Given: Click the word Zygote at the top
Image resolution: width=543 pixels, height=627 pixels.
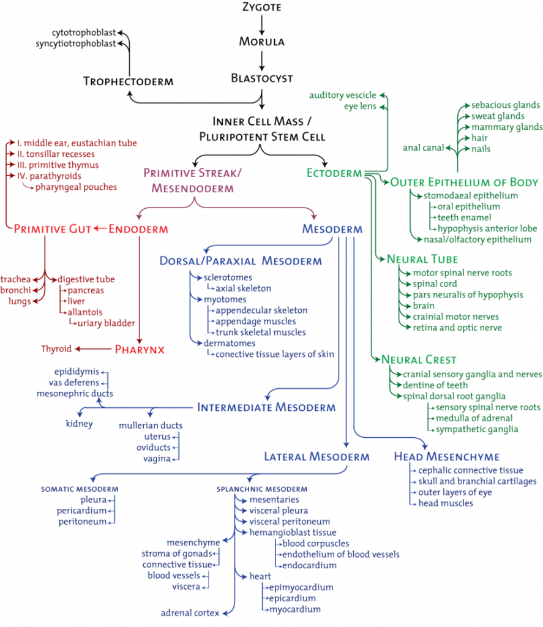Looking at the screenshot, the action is pyautogui.click(x=262, y=7).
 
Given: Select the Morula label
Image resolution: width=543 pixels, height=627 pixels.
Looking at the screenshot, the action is pyautogui.click(x=262, y=42).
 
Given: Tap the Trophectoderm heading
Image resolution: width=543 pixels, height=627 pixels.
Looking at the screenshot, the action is pyautogui.click(x=129, y=81).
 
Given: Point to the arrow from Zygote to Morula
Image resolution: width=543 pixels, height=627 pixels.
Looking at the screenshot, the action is pyautogui.click(x=262, y=25).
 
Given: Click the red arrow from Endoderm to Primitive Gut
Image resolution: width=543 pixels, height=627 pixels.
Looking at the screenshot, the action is pyautogui.click(x=100, y=229).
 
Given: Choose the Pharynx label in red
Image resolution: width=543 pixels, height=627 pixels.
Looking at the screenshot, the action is pyautogui.click(x=140, y=350).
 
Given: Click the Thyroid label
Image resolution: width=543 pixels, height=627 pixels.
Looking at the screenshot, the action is pyautogui.click(x=56, y=349).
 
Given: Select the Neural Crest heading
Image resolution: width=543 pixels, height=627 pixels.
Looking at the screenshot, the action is pyautogui.click(x=419, y=359).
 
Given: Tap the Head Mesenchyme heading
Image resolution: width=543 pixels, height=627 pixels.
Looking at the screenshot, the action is pyautogui.click(x=447, y=457).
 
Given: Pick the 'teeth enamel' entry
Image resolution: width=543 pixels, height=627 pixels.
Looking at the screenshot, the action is pyautogui.click(x=464, y=217).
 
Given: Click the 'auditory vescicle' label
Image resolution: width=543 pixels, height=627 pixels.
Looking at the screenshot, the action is pyautogui.click(x=343, y=95).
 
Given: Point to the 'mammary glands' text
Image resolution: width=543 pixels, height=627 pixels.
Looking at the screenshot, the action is pyautogui.click(x=507, y=127).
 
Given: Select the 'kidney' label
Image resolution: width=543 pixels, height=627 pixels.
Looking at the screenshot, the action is pyautogui.click(x=79, y=424).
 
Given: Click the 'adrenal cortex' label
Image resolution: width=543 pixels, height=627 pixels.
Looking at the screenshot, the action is pyautogui.click(x=190, y=613).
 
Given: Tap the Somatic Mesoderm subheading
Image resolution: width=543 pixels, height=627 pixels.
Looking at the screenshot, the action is pyautogui.click(x=80, y=489).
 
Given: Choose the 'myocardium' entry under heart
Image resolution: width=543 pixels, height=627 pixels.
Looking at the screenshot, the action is pyautogui.click(x=295, y=609).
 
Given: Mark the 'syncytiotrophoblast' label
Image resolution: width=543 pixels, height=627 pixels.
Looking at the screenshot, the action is pyautogui.click(x=75, y=43).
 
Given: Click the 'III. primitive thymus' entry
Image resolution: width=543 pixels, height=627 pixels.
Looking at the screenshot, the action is pyautogui.click(x=58, y=165).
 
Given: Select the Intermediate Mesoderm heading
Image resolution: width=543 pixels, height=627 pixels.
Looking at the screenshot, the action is pyautogui.click(x=266, y=407).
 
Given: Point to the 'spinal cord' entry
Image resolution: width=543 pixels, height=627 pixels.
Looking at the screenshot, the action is pyautogui.click(x=435, y=284).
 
